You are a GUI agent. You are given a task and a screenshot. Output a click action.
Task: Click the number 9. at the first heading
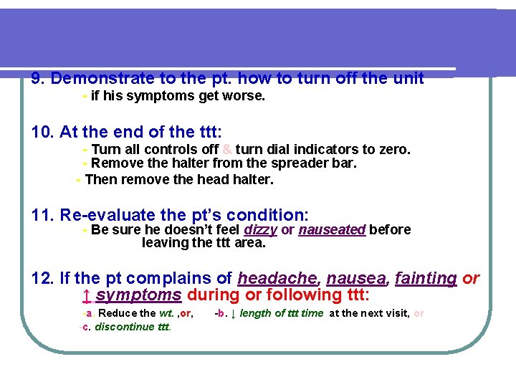tap(39, 78)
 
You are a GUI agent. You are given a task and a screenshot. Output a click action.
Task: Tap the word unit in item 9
tap(408, 78)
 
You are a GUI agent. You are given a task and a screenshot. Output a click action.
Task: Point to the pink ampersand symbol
tap(226, 149)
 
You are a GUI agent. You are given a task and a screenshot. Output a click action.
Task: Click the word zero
tap(393, 149)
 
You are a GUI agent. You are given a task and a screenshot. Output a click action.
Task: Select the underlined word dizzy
tap(261, 229)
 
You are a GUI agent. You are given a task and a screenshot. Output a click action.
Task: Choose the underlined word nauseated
tap(332, 229)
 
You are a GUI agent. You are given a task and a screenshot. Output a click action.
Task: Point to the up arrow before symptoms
tap(86, 295)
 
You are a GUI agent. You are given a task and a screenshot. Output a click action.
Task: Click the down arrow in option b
tap(233, 313)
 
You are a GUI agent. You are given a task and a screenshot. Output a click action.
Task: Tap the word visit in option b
tap(395, 313)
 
